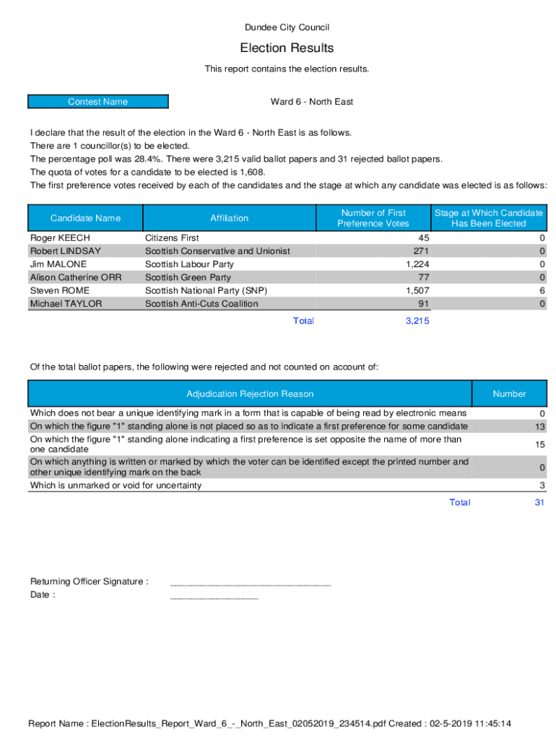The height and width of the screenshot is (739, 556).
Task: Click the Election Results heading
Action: [287, 48]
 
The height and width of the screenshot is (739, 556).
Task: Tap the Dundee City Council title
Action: [287, 27]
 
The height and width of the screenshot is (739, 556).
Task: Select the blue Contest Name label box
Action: [98, 102]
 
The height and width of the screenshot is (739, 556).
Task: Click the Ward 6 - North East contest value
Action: [312, 102]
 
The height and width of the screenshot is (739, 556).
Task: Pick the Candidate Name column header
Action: [85, 218]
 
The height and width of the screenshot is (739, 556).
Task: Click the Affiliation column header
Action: [229, 218]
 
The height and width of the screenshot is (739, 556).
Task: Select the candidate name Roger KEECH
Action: [60, 238]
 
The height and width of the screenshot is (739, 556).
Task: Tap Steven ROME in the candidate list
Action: [60, 291]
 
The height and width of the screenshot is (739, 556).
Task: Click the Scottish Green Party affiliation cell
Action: [188, 278]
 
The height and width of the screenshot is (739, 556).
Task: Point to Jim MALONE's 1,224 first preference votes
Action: [416, 265]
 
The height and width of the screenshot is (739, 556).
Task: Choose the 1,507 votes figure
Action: [416, 291]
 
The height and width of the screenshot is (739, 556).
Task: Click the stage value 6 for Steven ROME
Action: [542, 291]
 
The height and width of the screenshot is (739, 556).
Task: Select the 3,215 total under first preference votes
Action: [417, 321]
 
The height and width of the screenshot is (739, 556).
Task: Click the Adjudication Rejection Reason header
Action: [250, 394]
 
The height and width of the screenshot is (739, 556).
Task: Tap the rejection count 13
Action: [539, 427]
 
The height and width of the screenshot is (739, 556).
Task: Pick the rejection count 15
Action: [539, 445]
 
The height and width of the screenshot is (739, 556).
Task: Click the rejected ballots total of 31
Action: [539, 503]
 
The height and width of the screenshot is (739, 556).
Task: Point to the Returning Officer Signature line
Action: [251, 583]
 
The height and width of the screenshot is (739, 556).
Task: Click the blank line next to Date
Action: [214, 597]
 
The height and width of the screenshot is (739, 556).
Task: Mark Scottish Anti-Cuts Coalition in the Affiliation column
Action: [201, 304]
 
